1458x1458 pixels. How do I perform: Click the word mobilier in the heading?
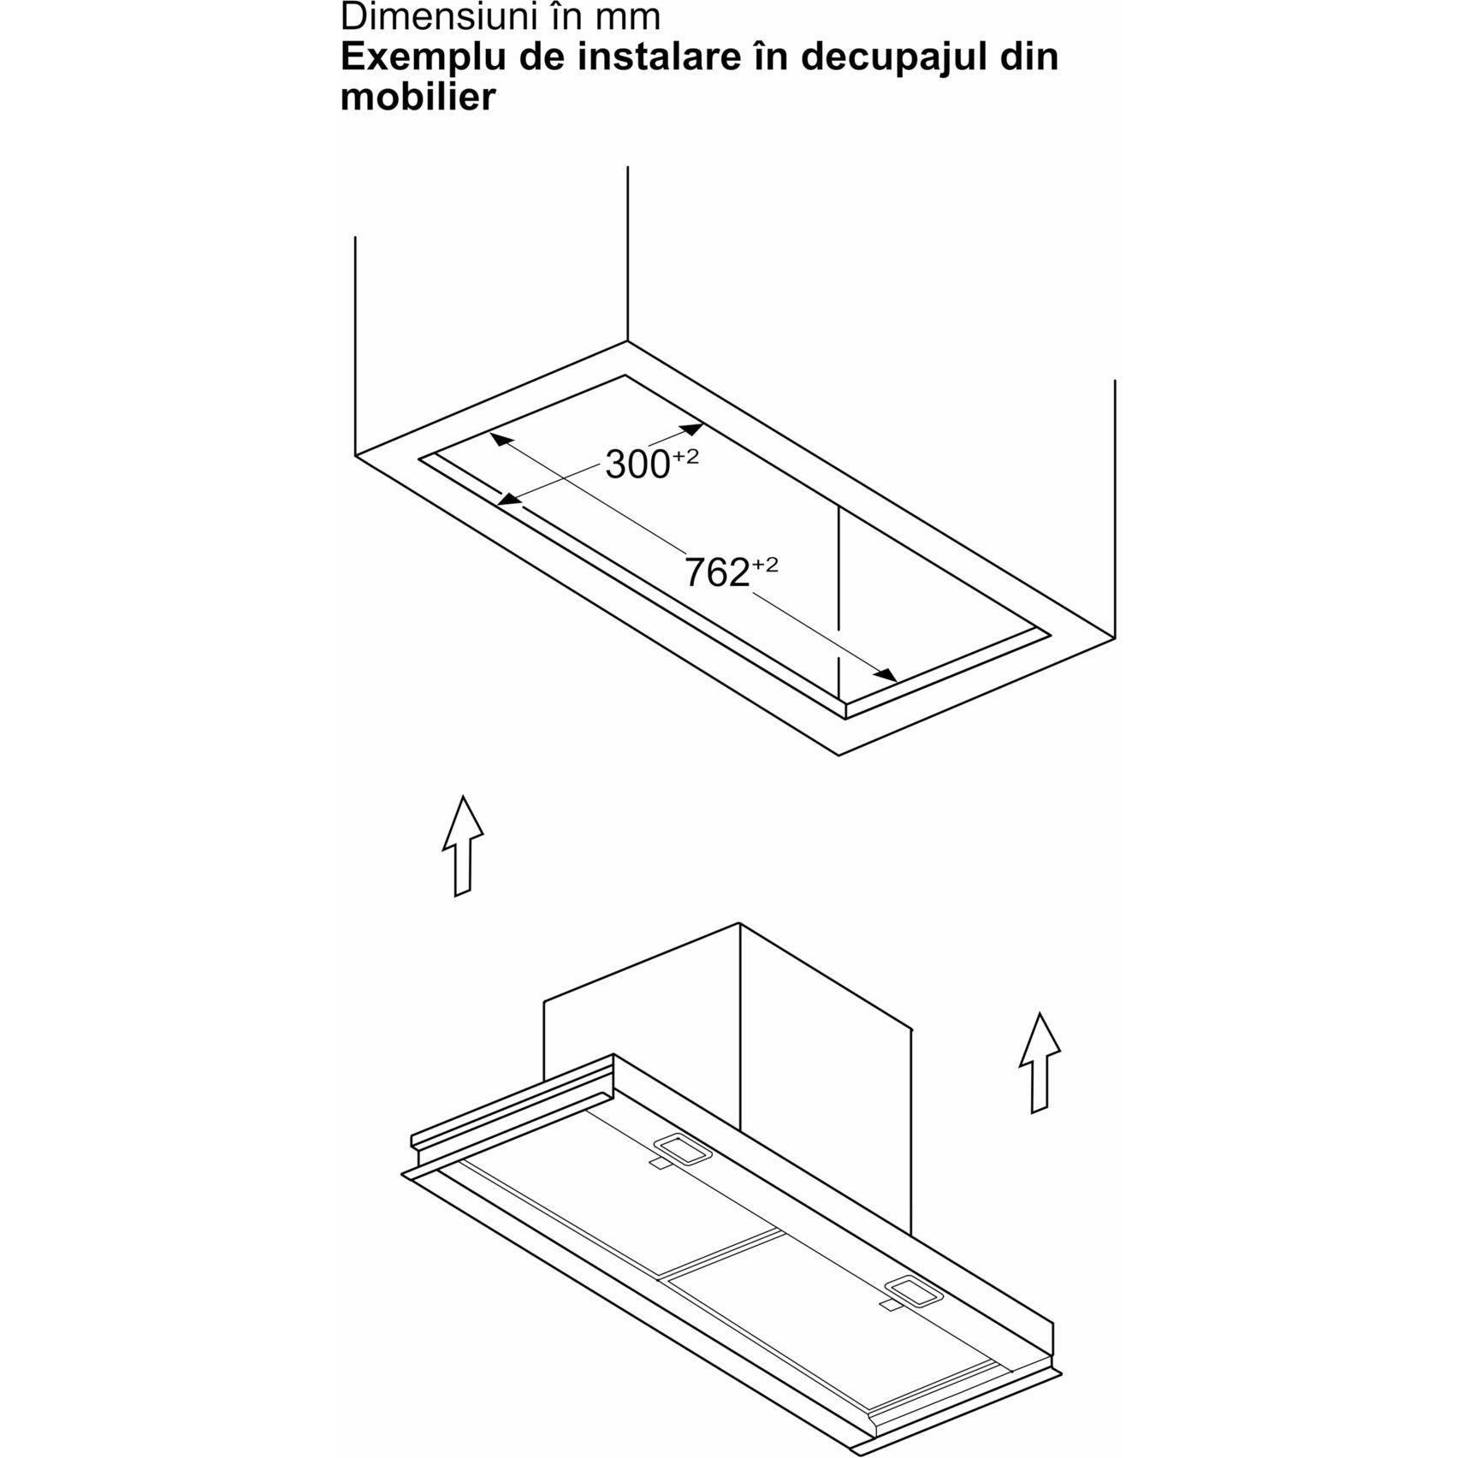click(x=418, y=97)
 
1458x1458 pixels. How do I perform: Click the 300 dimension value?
click(x=637, y=465)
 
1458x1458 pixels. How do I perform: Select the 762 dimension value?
click(x=717, y=572)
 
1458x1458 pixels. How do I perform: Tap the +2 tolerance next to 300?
click(x=686, y=456)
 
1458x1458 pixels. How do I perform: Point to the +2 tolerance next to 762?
click(x=766, y=565)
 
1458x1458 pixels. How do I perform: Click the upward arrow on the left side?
click(x=462, y=846)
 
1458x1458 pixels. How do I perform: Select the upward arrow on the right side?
click(x=1040, y=1063)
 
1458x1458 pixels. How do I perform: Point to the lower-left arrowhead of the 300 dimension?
click(x=510, y=499)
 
